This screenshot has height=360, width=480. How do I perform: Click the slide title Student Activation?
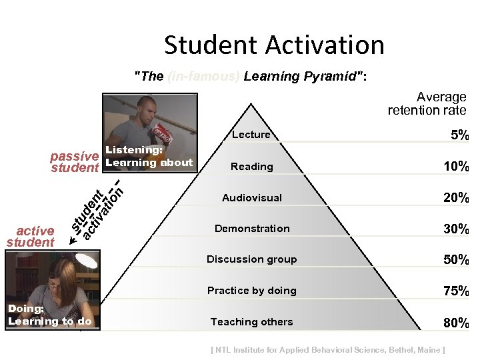274,46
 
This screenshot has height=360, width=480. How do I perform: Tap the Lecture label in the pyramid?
251,135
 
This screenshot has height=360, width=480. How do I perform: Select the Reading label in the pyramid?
252,167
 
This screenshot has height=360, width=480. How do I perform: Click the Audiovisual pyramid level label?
252,198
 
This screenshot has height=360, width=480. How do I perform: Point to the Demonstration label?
252,229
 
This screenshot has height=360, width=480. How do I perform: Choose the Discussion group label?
252,259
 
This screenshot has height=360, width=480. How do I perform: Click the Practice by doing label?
252,291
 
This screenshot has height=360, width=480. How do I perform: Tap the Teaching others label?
252,322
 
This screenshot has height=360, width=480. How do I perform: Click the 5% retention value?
459,135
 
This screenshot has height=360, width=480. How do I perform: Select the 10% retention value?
457,167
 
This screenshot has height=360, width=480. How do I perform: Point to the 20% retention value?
457,198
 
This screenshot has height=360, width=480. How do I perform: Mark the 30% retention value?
457,229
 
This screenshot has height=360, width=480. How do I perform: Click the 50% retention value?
457,260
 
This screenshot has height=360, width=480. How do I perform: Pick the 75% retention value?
457,291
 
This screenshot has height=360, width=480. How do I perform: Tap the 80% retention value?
457,324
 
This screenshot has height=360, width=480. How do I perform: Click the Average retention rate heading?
428,104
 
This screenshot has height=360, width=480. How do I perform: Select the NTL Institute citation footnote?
327,350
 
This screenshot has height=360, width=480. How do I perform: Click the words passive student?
75,162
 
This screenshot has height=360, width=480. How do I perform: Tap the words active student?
31,237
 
